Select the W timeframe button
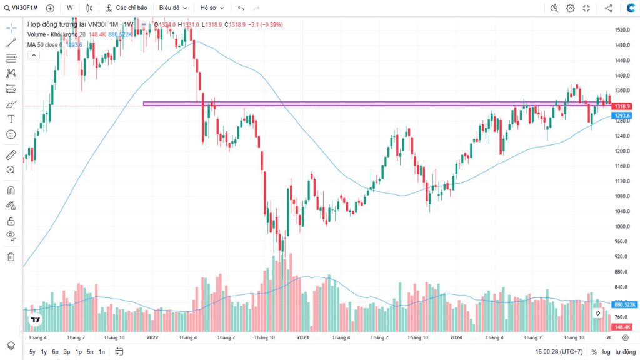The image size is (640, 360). point(69,8)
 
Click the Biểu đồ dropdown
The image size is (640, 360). point(172,8)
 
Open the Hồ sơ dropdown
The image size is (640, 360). point(211,8)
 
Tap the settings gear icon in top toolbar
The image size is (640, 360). point(570,8)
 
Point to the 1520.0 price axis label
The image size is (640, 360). point(621,30)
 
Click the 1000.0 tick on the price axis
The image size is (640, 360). point(621,226)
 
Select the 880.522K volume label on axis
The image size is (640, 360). point(624,304)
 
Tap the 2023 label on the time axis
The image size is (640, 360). point(302,337)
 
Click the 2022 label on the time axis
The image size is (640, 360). point(152,337)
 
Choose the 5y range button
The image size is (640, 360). point(32,352)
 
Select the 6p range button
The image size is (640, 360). point(55,352)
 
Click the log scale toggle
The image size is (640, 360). point(606,352)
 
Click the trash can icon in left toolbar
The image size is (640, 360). point(11,256)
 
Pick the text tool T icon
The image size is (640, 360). point(11,119)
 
